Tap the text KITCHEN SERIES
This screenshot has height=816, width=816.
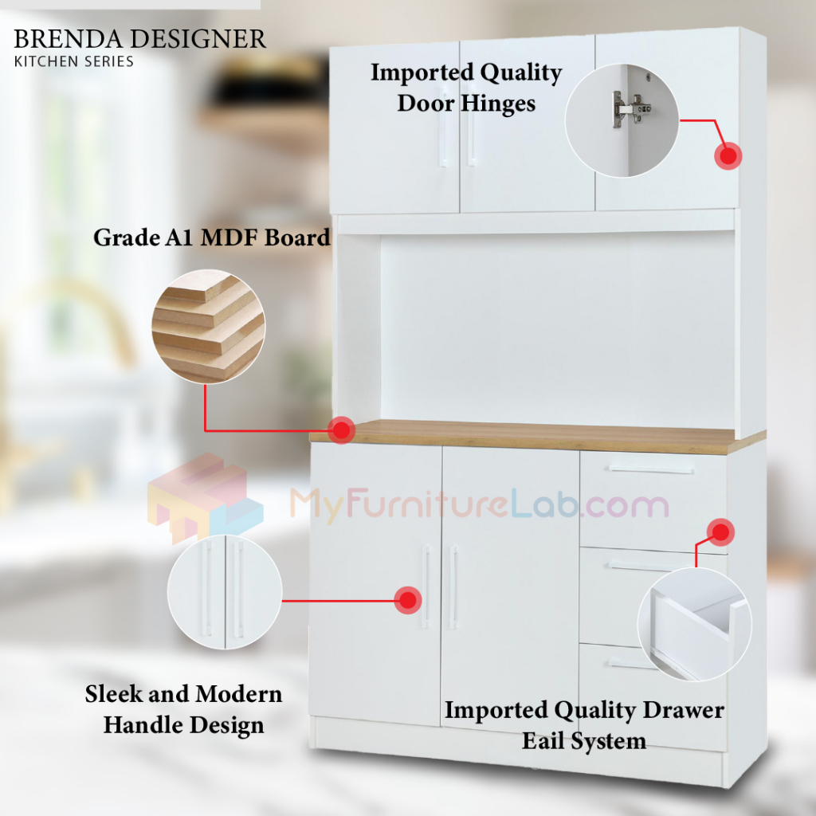74,61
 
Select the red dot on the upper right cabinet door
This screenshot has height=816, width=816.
728,155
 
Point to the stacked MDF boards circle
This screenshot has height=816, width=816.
209,325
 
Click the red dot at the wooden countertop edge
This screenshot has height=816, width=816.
342,430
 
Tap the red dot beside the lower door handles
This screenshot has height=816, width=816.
408,600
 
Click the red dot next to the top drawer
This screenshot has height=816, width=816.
721,532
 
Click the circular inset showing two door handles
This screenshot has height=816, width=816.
225,592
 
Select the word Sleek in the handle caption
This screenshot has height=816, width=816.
114,694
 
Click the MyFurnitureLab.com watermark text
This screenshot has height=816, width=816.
479,504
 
